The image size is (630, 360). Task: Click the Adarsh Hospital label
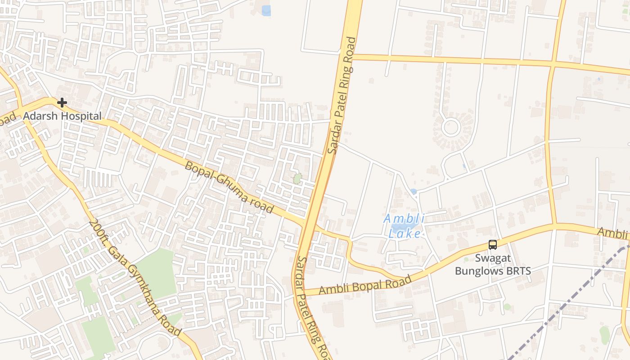[62, 116]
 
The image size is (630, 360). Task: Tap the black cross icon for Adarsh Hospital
[62, 103]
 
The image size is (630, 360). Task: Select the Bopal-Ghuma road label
[229, 187]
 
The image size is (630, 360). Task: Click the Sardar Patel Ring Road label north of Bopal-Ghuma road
[342, 95]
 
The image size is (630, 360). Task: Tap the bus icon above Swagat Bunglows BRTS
[493, 245]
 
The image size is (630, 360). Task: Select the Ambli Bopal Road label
[365, 285]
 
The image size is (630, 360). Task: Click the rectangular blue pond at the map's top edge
[266, 10]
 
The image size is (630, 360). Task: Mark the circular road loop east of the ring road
[450, 127]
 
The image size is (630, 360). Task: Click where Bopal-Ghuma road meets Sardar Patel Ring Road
[310, 222]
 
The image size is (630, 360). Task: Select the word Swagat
[493, 259]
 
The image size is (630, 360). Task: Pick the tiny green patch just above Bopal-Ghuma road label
[297, 179]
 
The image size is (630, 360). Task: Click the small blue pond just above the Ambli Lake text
[413, 192]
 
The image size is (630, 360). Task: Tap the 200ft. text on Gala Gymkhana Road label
[98, 231]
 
